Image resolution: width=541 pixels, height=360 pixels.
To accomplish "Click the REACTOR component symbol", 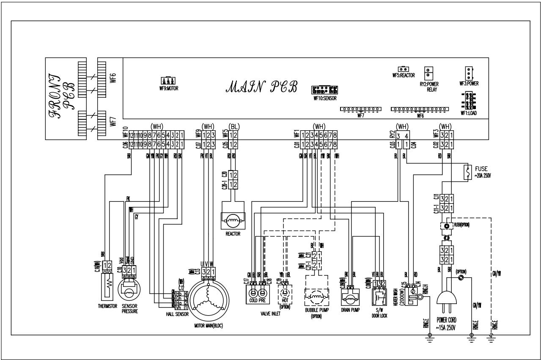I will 233,221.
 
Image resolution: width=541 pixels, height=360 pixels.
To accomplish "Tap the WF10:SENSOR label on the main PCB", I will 325,98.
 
